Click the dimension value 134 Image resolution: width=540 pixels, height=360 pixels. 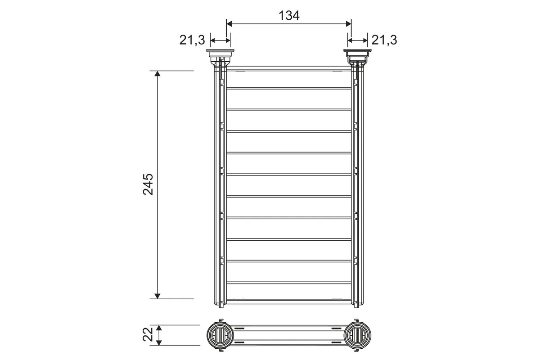tap(288, 16)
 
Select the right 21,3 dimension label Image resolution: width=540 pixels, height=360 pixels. tap(384, 40)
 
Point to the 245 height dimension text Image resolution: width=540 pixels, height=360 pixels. tap(148, 184)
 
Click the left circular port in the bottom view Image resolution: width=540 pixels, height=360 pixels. tap(220, 335)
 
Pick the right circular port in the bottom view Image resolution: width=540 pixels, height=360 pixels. tap(358, 335)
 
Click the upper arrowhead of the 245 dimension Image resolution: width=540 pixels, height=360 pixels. tap(157, 74)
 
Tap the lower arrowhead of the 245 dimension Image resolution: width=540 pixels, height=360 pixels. tap(157, 295)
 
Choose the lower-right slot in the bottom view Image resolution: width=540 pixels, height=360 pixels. tap(336, 342)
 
